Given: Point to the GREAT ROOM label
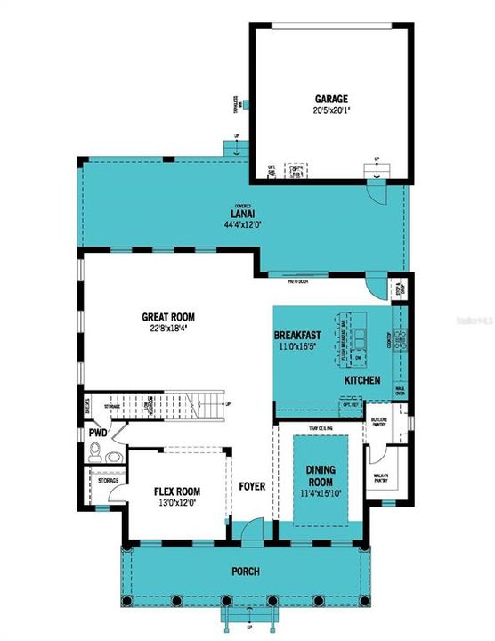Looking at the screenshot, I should click(x=168, y=316).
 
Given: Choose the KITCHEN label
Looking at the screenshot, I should click(x=363, y=381).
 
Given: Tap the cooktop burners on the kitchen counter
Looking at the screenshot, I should click(x=400, y=338).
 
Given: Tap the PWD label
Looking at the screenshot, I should click(x=98, y=434).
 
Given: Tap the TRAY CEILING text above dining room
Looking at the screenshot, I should click(x=320, y=428).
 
